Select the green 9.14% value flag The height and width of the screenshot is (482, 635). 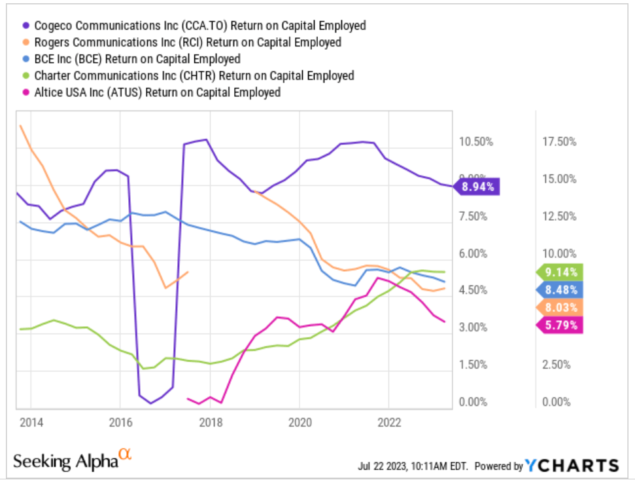pos(560,272)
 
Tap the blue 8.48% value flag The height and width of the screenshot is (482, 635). pos(560,289)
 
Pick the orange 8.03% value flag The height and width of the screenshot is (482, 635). pos(560,308)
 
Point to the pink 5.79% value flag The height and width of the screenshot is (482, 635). pos(560,325)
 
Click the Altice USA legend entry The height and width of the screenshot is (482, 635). pos(152,92)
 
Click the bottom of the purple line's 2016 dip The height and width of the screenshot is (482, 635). pos(150,403)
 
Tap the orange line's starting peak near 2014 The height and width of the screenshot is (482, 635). pos(21,126)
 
